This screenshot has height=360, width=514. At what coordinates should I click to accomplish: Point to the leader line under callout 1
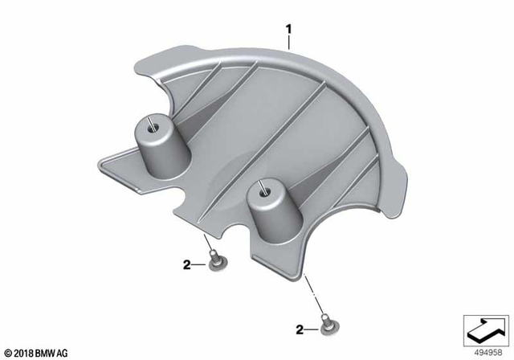click(x=289, y=45)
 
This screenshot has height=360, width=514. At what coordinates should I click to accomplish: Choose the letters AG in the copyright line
click(x=63, y=352)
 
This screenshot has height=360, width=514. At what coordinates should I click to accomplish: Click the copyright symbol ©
click(x=6, y=352)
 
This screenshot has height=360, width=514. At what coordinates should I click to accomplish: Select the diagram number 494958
click(x=487, y=350)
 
